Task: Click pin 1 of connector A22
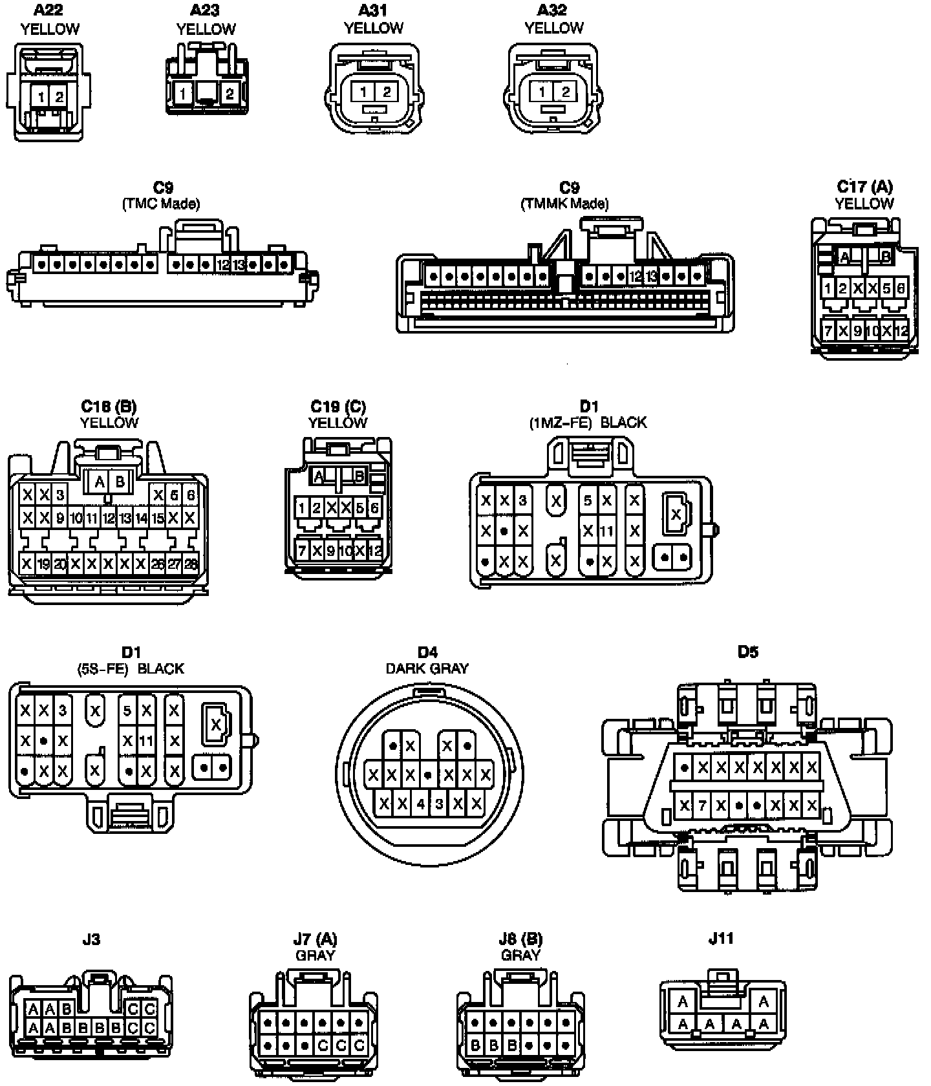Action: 41,97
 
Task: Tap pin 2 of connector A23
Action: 230,94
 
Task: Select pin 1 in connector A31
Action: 364,92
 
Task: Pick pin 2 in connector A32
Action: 565,92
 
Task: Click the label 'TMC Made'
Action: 161,204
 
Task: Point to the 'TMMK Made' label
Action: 564,204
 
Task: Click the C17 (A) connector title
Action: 864,186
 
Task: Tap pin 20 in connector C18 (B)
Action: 59,564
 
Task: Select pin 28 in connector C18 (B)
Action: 190,564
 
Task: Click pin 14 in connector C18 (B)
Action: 142,518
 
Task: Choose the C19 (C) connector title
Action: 337,406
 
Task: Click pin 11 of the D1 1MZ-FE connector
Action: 606,531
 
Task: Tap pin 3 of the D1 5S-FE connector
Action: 62,710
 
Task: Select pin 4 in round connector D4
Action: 421,804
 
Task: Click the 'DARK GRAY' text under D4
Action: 427,668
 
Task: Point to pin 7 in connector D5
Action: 703,805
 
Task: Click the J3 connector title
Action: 91,939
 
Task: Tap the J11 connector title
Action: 721,939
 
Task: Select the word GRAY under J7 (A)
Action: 315,955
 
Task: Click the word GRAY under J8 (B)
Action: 520,955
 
